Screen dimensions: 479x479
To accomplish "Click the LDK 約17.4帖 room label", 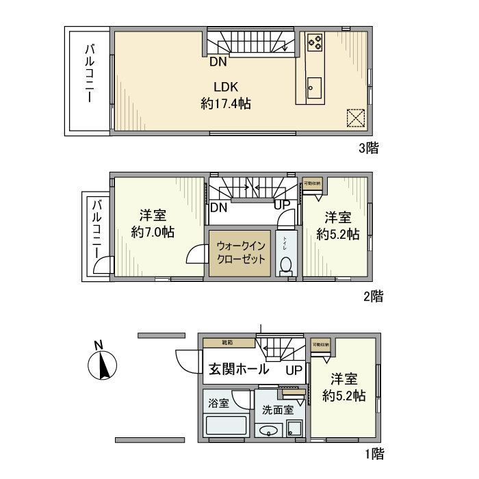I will point(225,96).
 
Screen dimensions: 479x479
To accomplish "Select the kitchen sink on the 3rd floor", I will point(314,88).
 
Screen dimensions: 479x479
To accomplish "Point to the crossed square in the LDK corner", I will point(356,118).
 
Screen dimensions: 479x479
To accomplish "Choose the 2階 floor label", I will point(372,296).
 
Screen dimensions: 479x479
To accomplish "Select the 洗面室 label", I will point(277,411).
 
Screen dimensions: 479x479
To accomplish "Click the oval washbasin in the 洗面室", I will point(268,430).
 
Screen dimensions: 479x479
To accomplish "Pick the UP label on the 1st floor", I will point(294,370).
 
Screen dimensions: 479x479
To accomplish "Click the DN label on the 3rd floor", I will point(218,62).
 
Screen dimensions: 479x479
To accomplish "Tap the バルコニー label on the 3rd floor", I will point(89,74).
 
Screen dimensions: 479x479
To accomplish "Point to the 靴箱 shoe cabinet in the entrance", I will point(227,342).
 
